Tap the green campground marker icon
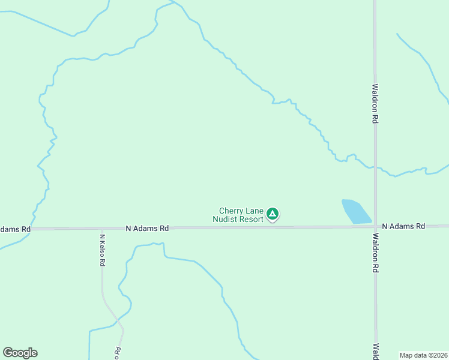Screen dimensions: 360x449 pyautogui.click(x=273, y=214)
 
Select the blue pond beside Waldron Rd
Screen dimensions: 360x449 pyautogui.click(x=357, y=211)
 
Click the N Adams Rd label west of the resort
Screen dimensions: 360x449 pyautogui.click(x=147, y=229)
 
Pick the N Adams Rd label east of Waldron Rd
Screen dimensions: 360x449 pyautogui.click(x=403, y=226)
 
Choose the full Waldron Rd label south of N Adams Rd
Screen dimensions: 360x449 pyautogui.click(x=375, y=253)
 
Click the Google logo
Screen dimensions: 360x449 pyautogui.click(x=20, y=353)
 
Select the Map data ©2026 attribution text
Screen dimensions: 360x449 pyautogui.click(x=423, y=355)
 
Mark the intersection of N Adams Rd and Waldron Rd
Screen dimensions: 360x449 pyautogui.click(x=375, y=227)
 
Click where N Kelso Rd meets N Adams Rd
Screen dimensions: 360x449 pyautogui.click(x=102, y=229)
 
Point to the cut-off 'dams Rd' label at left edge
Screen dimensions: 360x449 pyautogui.click(x=15, y=229)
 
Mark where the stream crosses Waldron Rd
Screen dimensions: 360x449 pyautogui.click(x=375, y=167)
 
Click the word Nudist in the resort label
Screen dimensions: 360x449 pyautogui.click(x=227, y=219)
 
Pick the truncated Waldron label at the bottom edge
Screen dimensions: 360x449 pyautogui.click(x=375, y=352)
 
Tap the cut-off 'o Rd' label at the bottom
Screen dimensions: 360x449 pyautogui.click(x=118, y=352)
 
